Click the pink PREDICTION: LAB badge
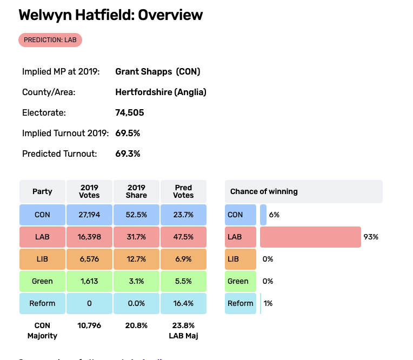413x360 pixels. pos(50,39)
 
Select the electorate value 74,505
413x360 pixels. pos(130,112)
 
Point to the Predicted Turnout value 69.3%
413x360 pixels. pos(128,154)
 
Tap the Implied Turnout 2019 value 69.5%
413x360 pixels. pos(128,133)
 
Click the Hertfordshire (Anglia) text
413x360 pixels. pos(161,92)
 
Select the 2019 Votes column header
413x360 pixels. pos(89,191)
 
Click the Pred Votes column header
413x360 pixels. pos(184,191)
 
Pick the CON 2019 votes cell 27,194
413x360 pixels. pos(89,215)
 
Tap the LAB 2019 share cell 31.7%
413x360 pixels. pos(136,237)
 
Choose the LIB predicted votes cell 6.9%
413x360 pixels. pos(184,259)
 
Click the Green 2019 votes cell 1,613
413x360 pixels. pos(89,281)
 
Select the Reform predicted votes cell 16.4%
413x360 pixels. pos(184,303)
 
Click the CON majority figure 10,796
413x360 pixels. pos(89,325)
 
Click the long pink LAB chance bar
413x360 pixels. pos(310,237)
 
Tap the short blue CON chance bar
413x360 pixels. pos(263,215)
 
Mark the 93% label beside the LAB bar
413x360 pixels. pos(371,237)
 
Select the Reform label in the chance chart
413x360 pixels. pos(241,303)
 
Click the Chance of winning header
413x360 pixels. pos(264,191)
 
